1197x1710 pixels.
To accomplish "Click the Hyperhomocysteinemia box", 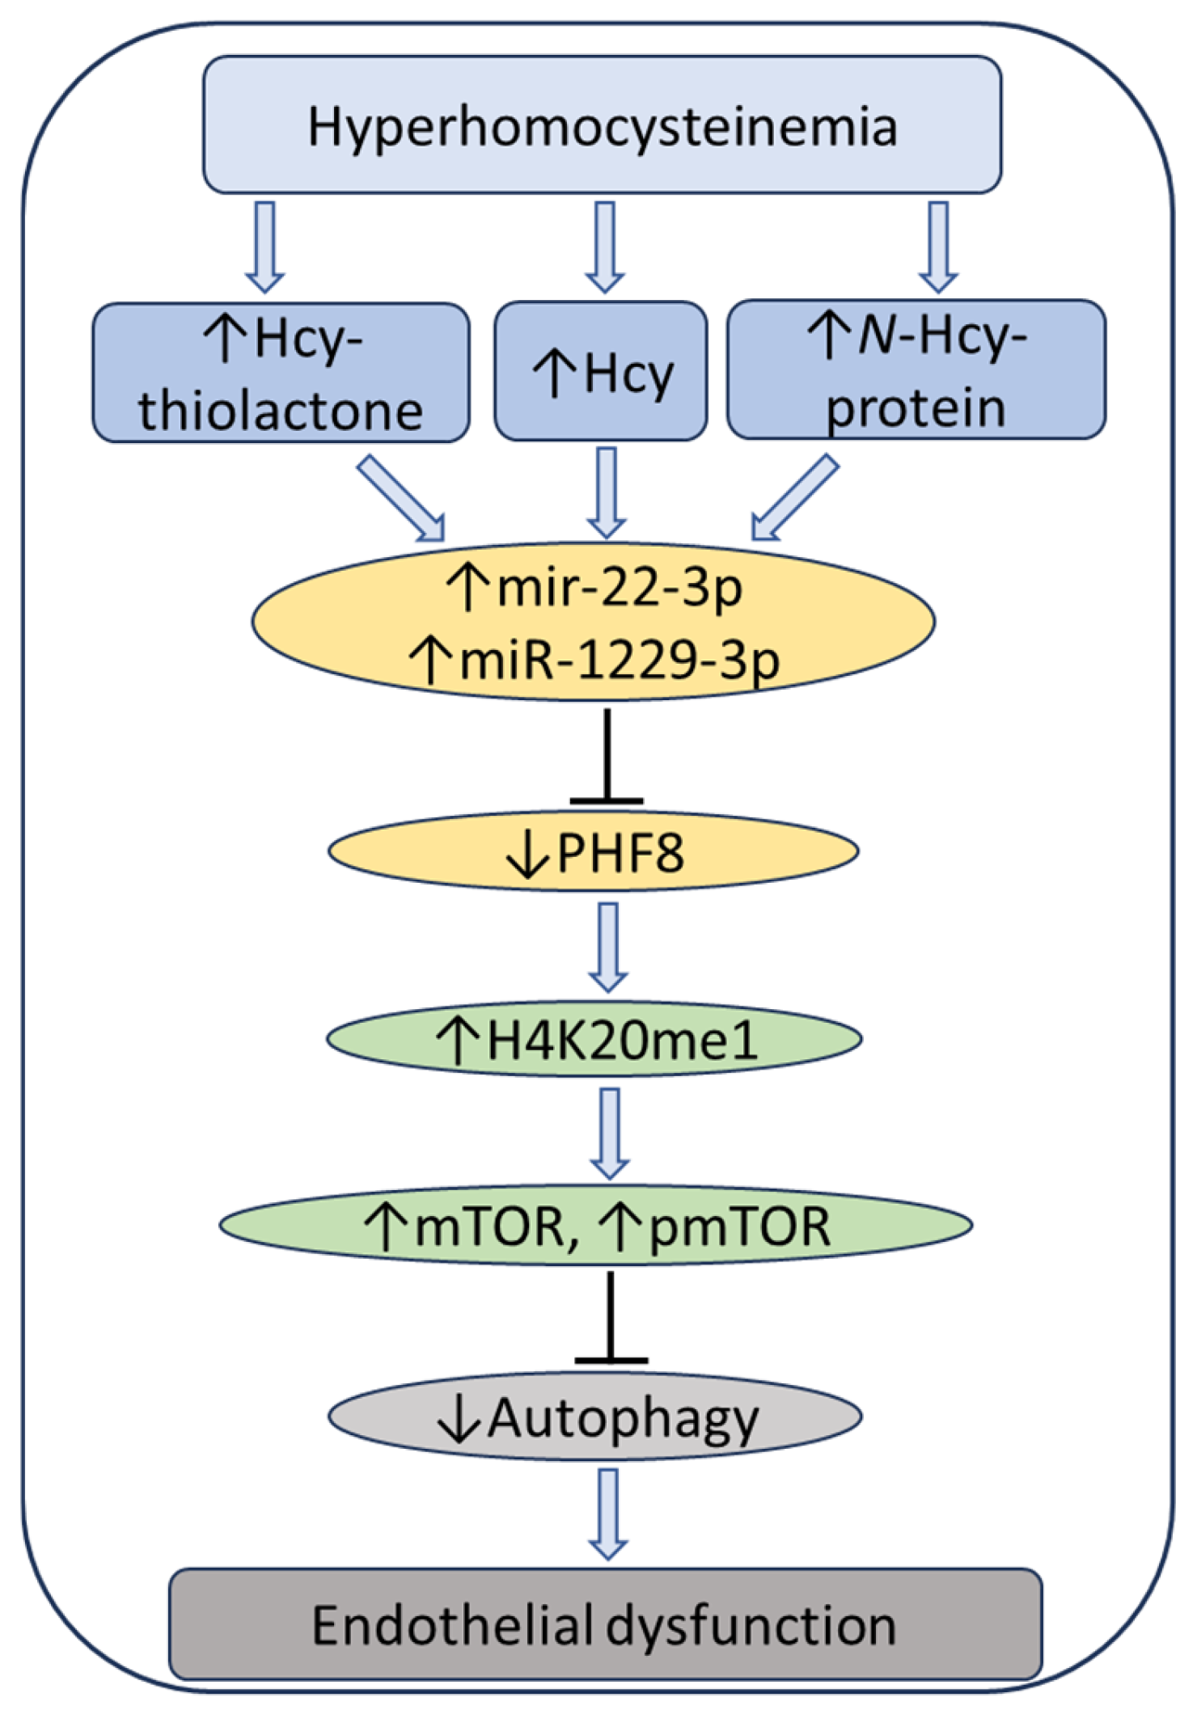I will (x=602, y=125).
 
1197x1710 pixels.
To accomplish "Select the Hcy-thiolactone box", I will (x=281, y=373).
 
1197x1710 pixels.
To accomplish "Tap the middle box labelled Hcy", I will (x=601, y=372).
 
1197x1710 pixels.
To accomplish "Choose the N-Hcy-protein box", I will (x=916, y=370).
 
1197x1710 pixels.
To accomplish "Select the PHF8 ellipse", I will (x=594, y=851).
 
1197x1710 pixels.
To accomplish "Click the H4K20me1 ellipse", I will (x=594, y=1040).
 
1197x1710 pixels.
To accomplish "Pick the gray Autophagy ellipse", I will (x=595, y=1417).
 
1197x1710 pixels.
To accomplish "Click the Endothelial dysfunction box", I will (x=605, y=1625).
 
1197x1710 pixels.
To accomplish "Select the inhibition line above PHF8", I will (x=607, y=756).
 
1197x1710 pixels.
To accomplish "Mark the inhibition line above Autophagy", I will (x=611, y=1318).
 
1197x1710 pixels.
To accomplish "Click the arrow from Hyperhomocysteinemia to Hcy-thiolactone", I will (x=264, y=247).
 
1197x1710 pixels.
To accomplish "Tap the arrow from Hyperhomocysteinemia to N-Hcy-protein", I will (x=938, y=247).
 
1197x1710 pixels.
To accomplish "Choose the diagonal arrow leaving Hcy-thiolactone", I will (x=400, y=498).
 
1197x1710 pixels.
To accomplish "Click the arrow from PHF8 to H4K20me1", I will (x=608, y=946).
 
